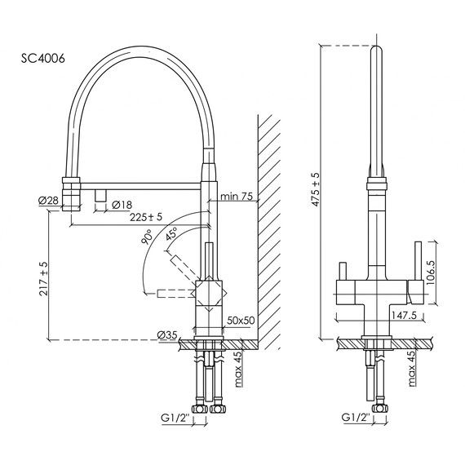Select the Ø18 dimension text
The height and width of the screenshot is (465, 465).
122,204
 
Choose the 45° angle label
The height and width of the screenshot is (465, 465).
173,234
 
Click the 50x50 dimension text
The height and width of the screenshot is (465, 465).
241,321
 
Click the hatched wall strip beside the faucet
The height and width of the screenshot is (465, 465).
269,228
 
